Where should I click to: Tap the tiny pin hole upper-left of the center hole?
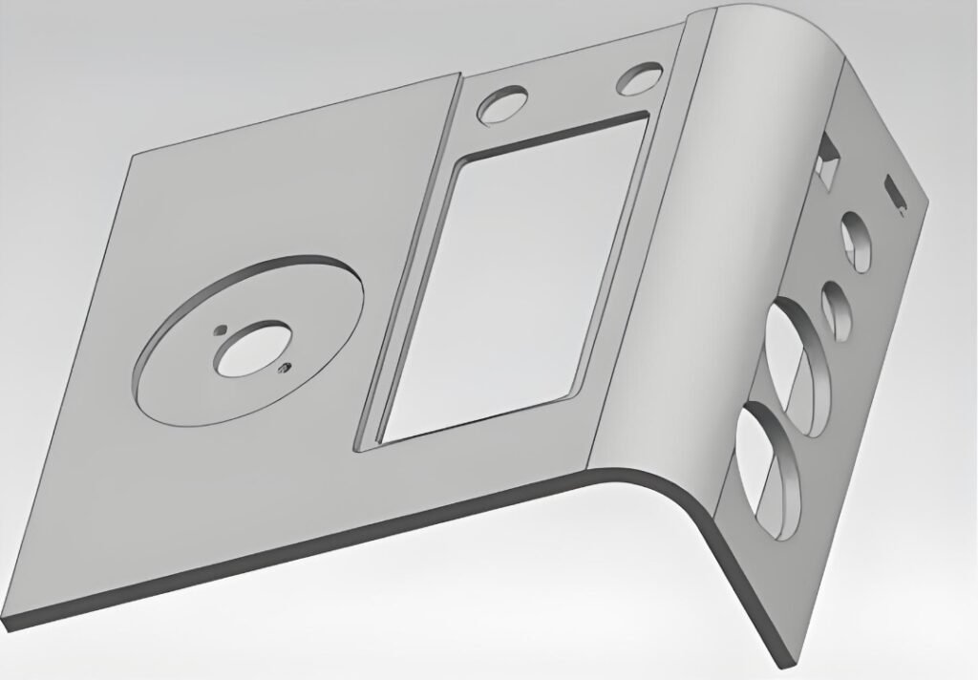pos(219,330)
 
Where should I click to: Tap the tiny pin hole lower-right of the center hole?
pos(282,366)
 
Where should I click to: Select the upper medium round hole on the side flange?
pos(856,243)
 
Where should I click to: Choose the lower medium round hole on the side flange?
pos(836,310)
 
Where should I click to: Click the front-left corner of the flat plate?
pos(8,625)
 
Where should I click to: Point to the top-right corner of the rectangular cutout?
pos(648,114)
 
